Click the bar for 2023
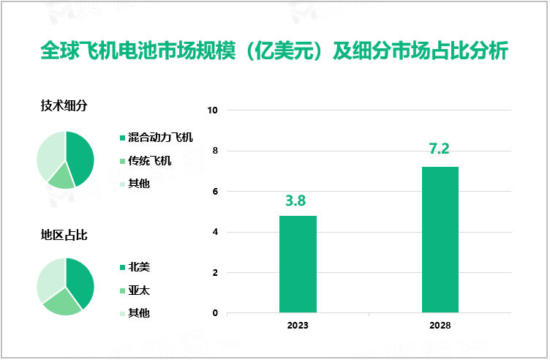pos(298,264)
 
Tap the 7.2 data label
pos(439,150)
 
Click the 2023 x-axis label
pos(298,326)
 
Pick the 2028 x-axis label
pos(440,326)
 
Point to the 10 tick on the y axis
pos(213,110)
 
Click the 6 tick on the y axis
pos(215,192)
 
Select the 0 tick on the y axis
pos(215,313)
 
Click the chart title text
pos(274,53)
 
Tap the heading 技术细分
pos(64,105)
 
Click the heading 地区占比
pos(64,235)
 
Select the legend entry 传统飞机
pos(149,160)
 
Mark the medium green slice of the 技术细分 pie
pos(62,177)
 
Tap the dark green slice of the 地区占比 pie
pos(80,281)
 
